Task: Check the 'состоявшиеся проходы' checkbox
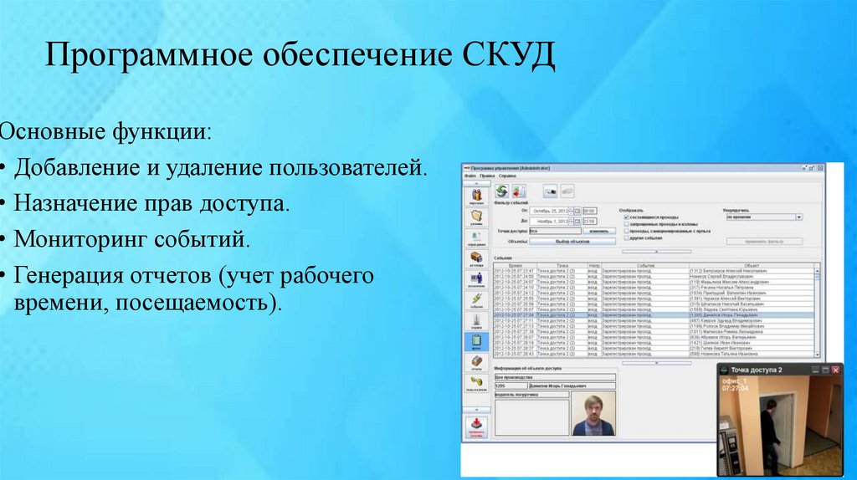click(x=625, y=217)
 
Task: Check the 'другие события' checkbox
click(x=625, y=238)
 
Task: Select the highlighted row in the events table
click(x=653, y=314)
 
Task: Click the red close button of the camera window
click(x=836, y=369)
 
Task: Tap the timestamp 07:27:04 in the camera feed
click(x=736, y=388)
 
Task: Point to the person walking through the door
click(x=767, y=431)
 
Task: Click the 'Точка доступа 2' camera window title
click(x=757, y=370)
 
